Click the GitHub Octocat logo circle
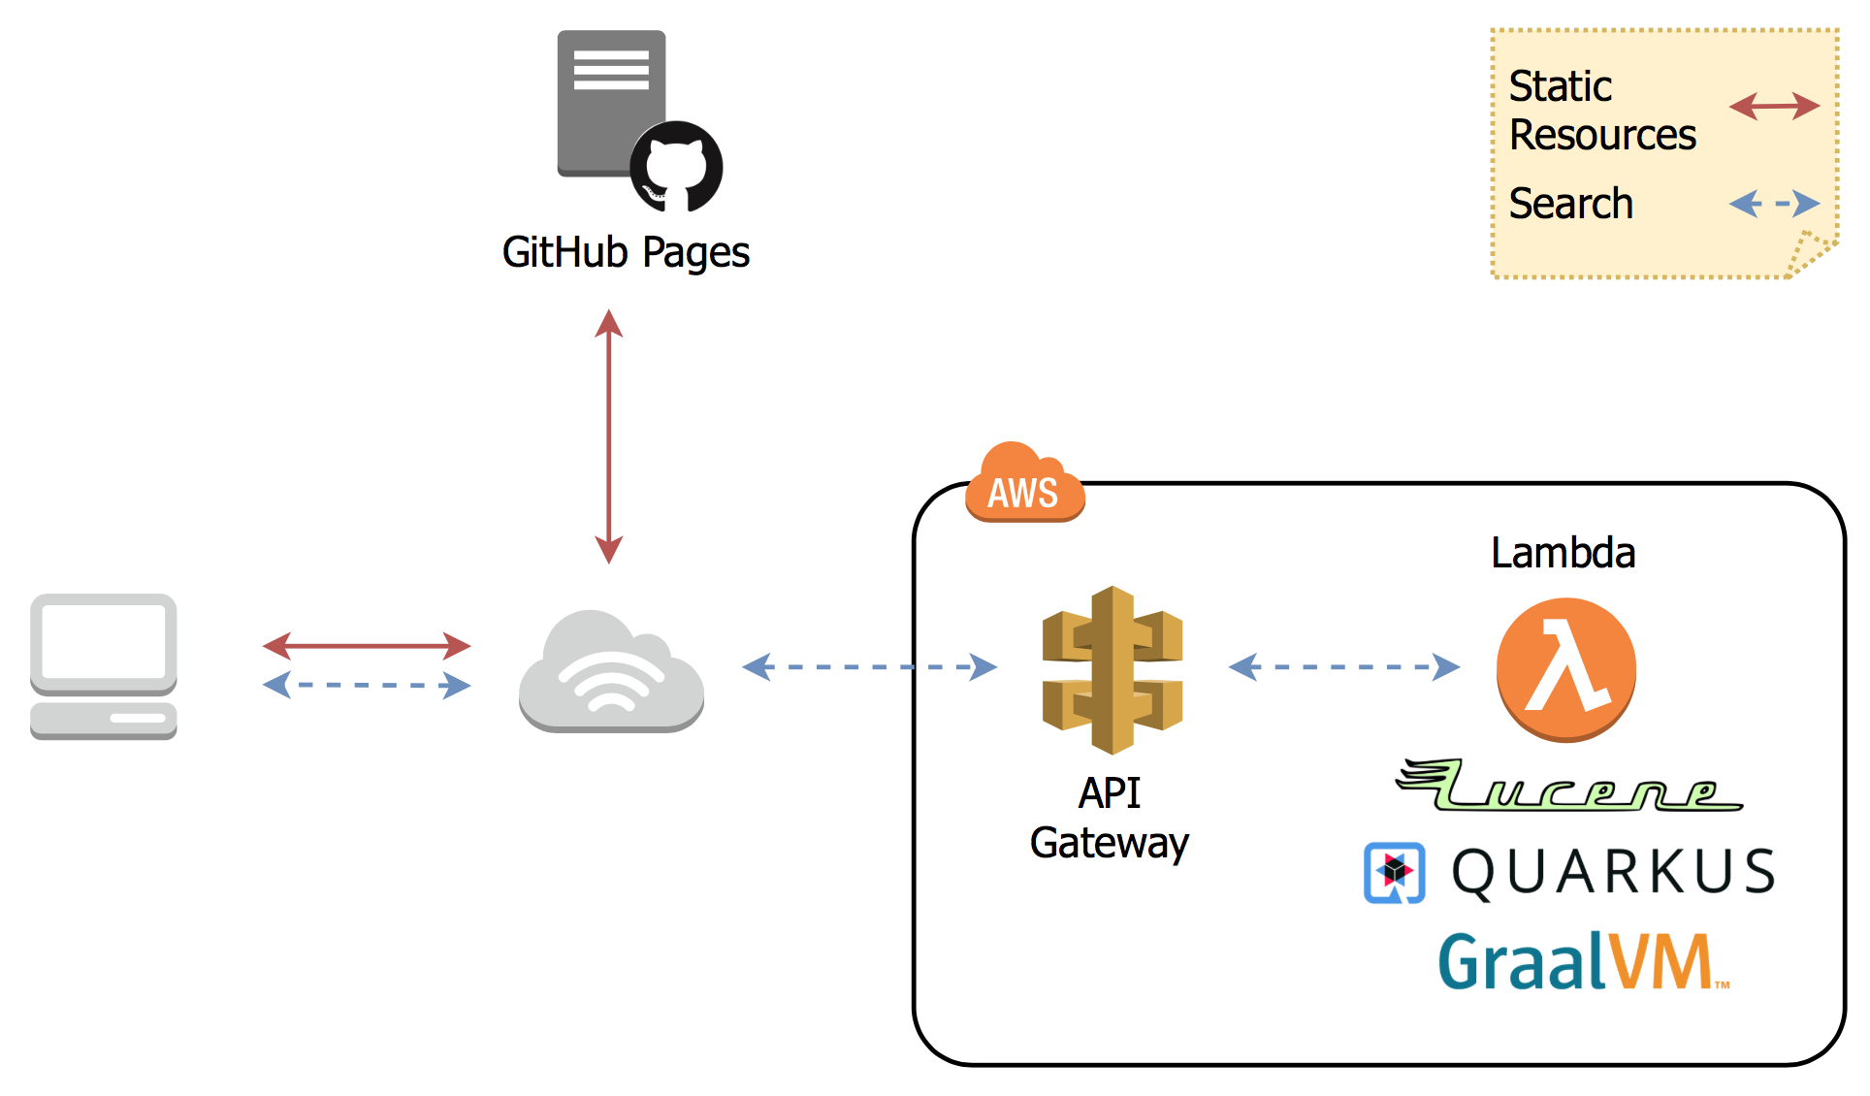coord(676,167)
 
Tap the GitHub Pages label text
coord(626,253)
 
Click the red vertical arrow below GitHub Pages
coord(609,436)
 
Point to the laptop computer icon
coord(104,666)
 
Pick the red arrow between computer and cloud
coord(367,645)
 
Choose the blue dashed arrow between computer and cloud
coord(367,685)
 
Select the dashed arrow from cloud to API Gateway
coord(869,666)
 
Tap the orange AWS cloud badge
coord(1024,485)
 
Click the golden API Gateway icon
coord(1112,669)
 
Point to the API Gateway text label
coord(1110,818)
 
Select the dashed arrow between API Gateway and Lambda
coord(1344,666)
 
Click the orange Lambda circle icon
coord(1565,669)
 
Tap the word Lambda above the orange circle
coord(1563,553)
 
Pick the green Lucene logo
coord(1568,786)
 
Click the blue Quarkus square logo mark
coord(1395,873)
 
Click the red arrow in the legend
coord(1774,106)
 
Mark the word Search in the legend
coord(1571,204)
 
